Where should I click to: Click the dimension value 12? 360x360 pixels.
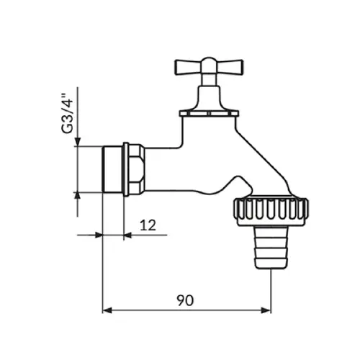pos(148,225)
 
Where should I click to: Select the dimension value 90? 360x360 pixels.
pos(185,300)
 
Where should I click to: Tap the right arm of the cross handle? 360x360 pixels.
pos(230,66)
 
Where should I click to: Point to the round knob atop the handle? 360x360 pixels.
pos(209,62)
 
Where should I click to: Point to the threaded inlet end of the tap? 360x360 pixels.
pos(113,169)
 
